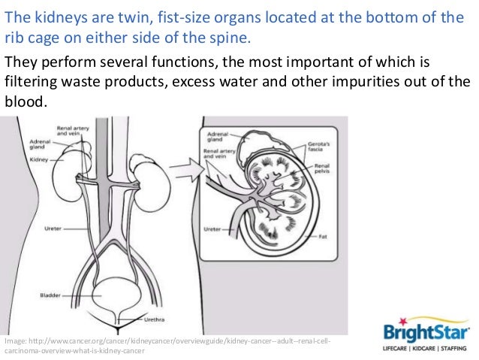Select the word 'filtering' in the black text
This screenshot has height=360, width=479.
[x=31, y=81]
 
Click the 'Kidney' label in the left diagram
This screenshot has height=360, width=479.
[x=38, y=159]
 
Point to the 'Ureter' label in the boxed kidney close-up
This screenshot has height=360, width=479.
[x=213, y=228]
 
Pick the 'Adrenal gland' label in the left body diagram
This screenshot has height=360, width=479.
[x=40, y=144]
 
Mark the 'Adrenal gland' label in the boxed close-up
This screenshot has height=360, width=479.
[x=215, y=140]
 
